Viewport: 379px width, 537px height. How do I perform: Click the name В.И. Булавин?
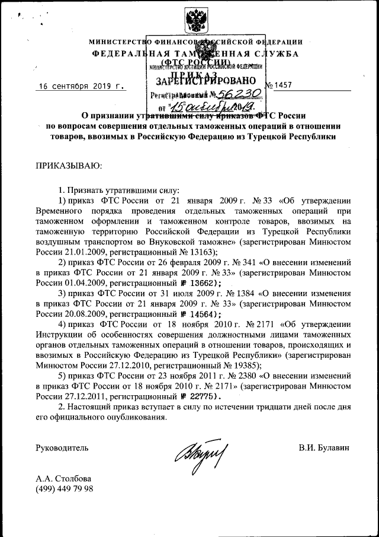[325, 447]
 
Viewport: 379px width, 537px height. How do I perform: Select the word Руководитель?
[62, 447]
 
